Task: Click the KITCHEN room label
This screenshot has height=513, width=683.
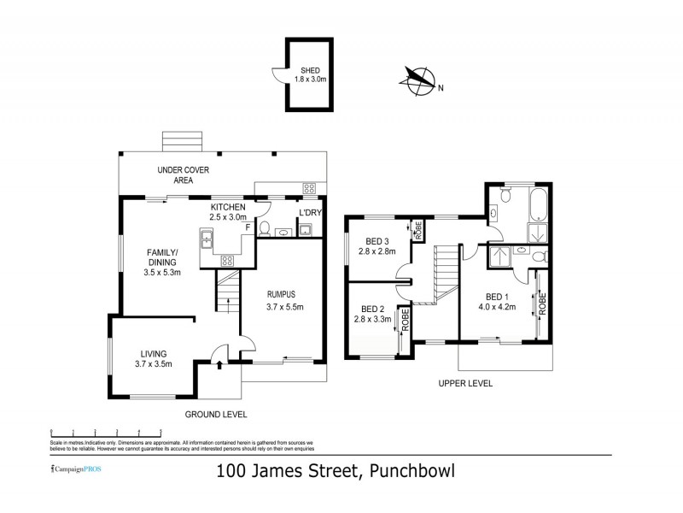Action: (228, 208)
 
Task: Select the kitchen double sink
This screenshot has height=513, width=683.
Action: (206, 244)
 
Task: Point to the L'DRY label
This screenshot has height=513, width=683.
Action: (308, 212)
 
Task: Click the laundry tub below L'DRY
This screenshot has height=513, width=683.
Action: (305, 228)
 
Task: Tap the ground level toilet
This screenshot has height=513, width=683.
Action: (266, 229)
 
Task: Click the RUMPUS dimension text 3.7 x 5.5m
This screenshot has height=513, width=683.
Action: (284, 306)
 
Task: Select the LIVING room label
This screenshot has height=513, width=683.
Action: (154, 353)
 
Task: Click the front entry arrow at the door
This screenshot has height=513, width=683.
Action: (220, 365)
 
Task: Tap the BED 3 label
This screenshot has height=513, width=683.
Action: (377, 240)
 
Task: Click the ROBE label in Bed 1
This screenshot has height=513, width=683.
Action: (540, 305)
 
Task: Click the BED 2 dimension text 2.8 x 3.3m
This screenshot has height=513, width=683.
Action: (372, 320)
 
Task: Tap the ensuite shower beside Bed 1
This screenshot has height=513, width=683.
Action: (500, 255)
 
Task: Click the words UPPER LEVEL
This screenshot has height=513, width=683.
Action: (465, 384)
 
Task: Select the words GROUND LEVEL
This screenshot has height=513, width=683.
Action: (216, 414)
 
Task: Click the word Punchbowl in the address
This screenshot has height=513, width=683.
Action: (413, 470)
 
